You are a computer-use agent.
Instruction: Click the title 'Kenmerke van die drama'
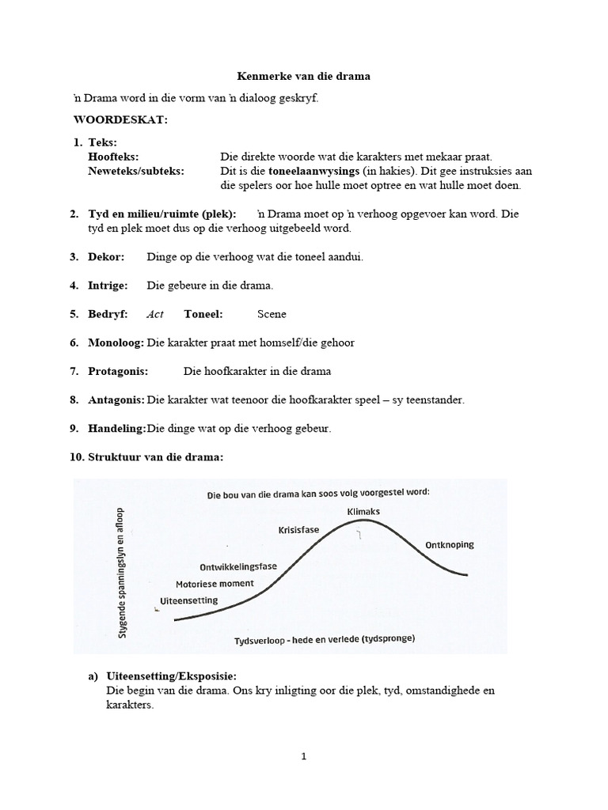coord(304,77)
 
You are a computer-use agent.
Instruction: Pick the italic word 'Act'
coord(155,314)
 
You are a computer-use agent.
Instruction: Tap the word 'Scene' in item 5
coord(272,314)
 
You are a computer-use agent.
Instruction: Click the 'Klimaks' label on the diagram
coord(363,512)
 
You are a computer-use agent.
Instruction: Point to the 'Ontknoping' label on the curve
coord(450,545)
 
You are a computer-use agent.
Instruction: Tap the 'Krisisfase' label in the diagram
coord(299,529)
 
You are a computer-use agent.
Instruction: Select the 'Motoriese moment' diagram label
coord(215,583)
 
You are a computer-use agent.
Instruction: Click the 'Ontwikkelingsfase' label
coord(237,566)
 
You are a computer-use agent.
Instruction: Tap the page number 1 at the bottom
coord(304,756)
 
